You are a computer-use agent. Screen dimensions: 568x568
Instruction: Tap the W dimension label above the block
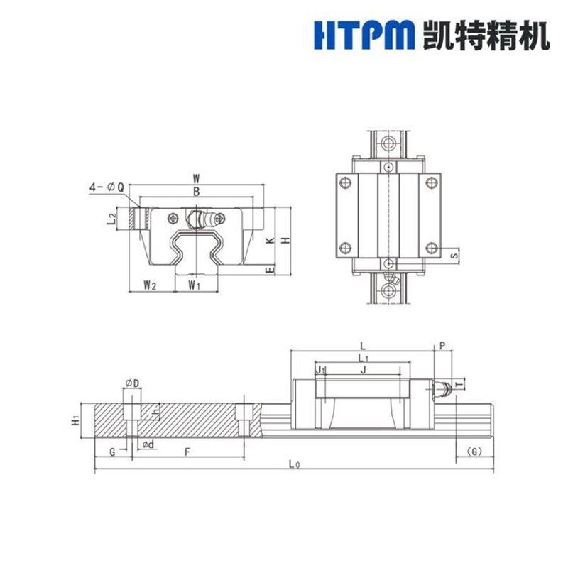coord(196,180)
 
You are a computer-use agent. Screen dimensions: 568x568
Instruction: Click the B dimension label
coord(196,192)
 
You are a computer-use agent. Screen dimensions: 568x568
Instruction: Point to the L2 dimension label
coord(111,219)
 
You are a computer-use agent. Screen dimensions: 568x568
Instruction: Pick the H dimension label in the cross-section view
coord(285,241)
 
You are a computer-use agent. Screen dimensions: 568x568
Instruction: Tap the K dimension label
coord(271,241)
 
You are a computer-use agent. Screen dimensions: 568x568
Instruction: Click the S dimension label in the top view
coord(454,253)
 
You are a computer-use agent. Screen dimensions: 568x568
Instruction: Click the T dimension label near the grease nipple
coord(460,384)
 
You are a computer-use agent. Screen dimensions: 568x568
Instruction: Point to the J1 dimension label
coord(319,369)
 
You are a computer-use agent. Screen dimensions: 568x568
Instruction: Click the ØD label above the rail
coord(131,383)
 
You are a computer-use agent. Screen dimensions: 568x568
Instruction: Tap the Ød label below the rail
coord(149,444)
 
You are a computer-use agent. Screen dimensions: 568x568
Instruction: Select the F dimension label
coord(187,452)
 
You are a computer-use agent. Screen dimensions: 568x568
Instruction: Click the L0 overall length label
coord(294,464)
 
